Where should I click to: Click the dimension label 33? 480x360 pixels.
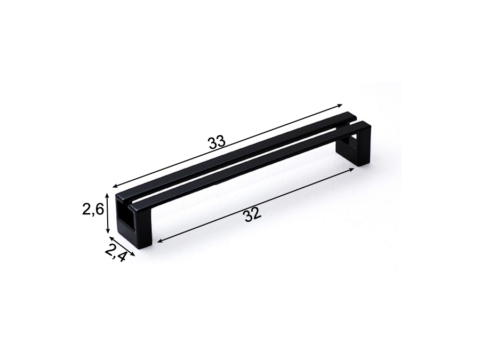tap(217, 142)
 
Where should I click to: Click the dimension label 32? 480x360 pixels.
tap(253, 214)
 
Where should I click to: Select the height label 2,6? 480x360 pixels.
tap(93, 210)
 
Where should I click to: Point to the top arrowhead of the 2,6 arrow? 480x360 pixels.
tap(107, 195)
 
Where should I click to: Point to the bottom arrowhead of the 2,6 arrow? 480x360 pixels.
tap(107, 231)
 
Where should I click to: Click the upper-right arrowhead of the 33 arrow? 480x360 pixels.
tap(340, 105)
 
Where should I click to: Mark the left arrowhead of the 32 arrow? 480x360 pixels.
tap(160, 241)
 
